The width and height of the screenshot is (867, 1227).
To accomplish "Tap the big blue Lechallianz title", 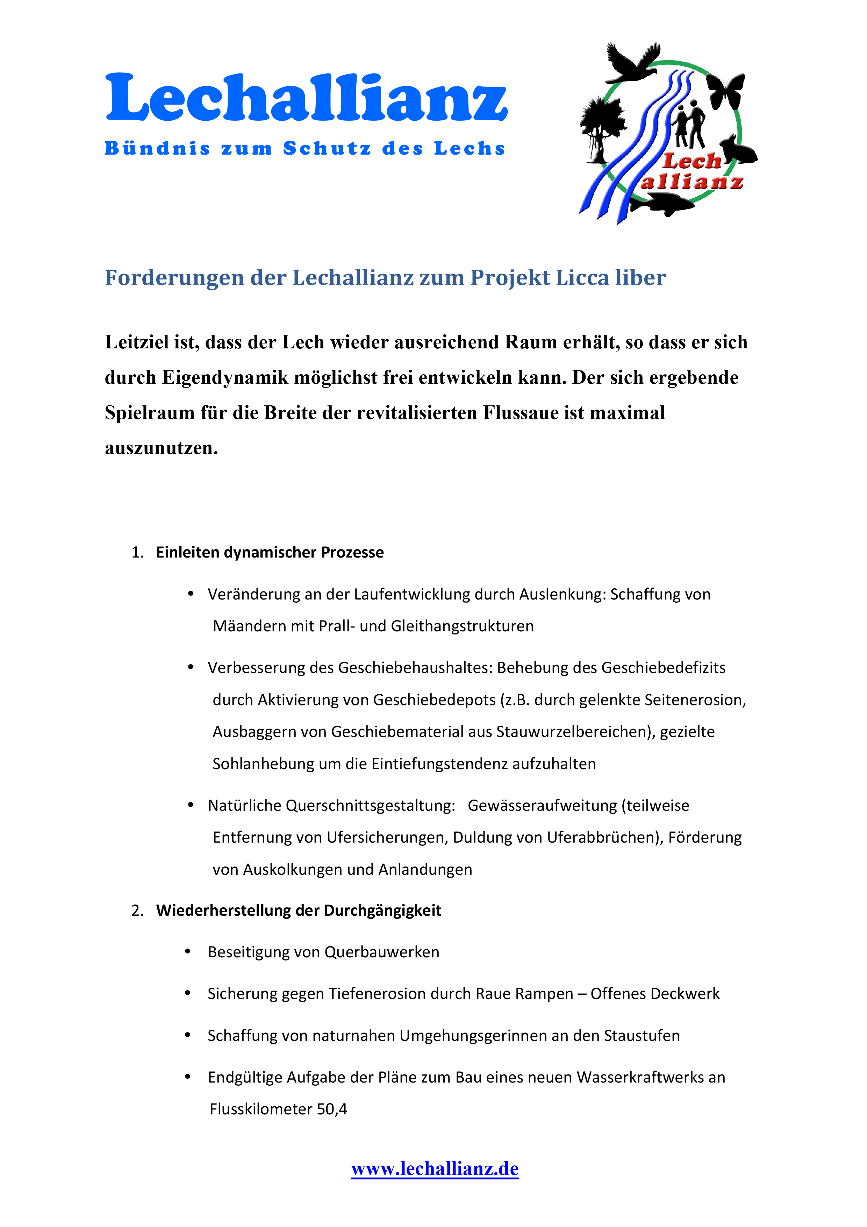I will pyautogui.click(x=306, y=98).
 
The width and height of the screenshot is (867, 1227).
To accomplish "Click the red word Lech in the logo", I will pyautogui.click(x=692, y=160).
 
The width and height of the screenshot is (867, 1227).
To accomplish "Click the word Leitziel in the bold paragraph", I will pyautogui.click(x=136, y=342).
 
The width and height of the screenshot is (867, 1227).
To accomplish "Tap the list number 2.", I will pyautogui.click(x=137, y=910).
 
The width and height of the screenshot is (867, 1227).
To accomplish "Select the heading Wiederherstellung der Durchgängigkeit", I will pyautogui.click(x=299, y=910).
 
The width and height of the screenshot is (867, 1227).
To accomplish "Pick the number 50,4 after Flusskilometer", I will pyautogui.click(x=332, y=1109).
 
